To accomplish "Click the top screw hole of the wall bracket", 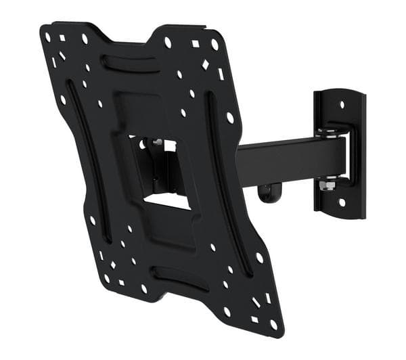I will pos(341,104).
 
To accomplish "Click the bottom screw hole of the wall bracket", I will pos(342,202).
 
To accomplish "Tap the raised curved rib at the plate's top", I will pos(131,62).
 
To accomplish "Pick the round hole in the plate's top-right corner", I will pos(215,45).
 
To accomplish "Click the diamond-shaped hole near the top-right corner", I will pos(206,65).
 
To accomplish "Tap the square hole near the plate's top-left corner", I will pos(62,38).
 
